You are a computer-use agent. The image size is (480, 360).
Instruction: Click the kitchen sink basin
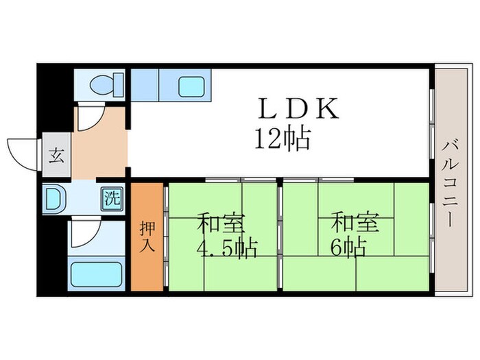coord(191,86)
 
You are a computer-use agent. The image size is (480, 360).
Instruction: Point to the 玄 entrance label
coord(55,156)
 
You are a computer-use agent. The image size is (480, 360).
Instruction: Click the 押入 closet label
coord(147,235)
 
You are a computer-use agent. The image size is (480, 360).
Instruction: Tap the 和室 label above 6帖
coord(354,224)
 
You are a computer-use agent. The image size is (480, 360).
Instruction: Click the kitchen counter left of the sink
coord(145,85)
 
